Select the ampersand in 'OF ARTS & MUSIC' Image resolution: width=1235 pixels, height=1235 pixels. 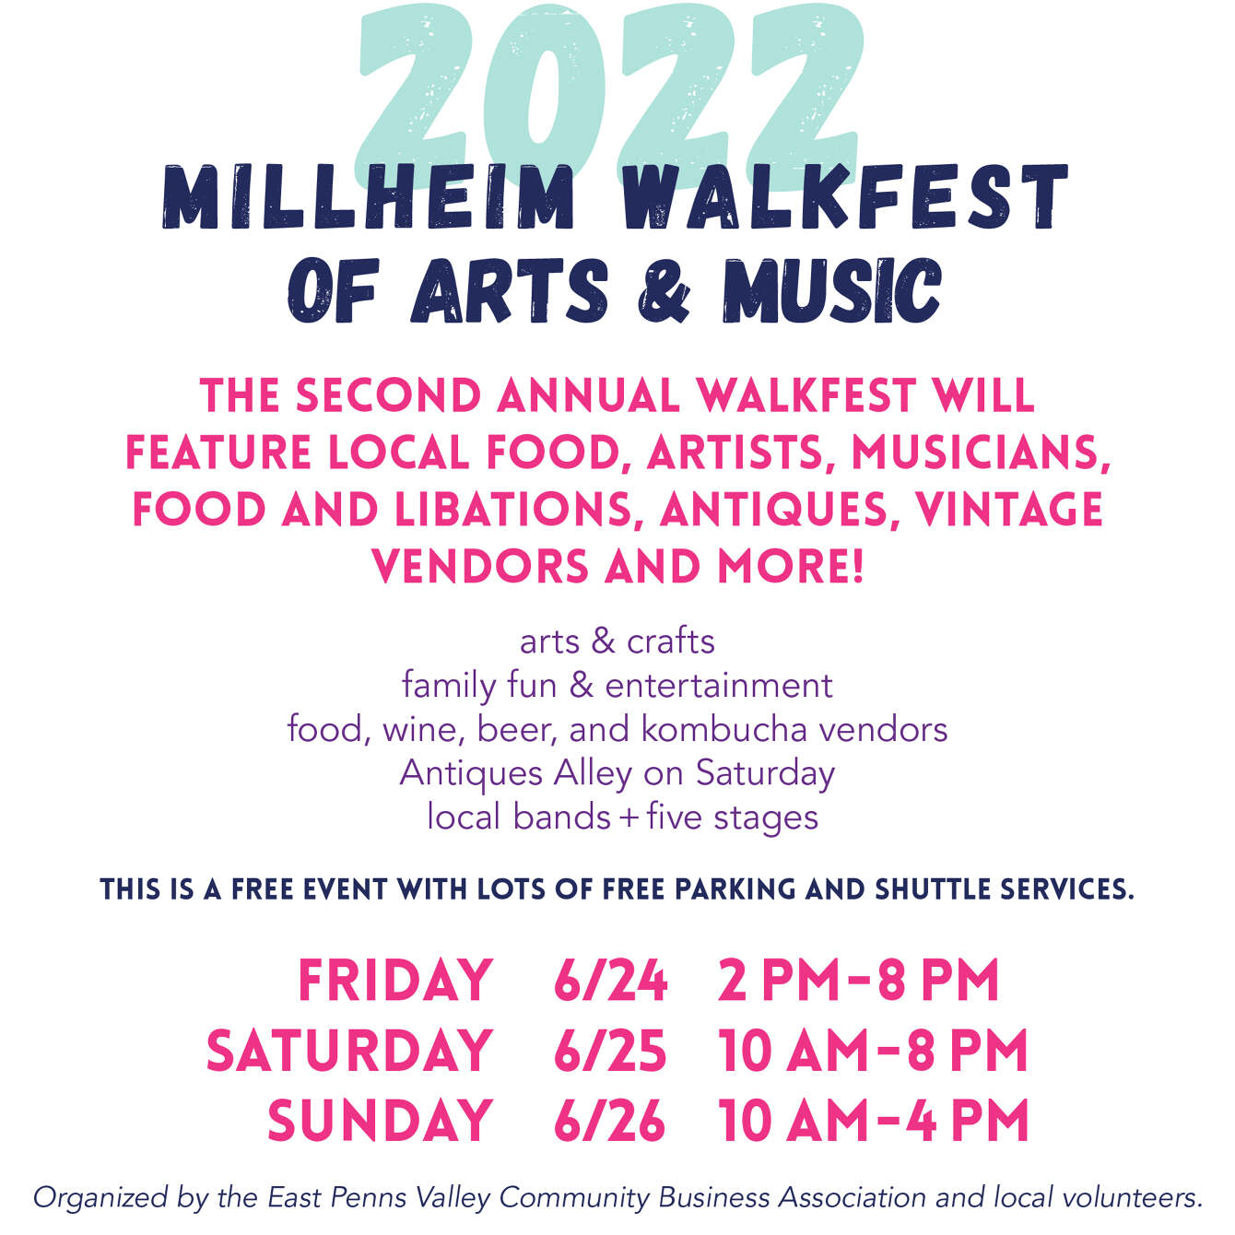point(663,291)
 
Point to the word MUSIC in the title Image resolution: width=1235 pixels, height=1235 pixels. point(831,291)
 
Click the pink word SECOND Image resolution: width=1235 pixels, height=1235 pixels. point(388,396)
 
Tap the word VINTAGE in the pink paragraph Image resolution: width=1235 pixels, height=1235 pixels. point(1009,510)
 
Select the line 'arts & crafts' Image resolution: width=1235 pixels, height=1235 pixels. point(617,641)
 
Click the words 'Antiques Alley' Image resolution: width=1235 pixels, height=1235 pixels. point(515,772)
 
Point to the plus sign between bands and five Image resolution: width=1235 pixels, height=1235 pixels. point(629,818)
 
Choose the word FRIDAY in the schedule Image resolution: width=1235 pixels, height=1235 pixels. point(394,980)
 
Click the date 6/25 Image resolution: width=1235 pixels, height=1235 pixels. point(609,1051)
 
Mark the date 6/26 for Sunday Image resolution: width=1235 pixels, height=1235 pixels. point(609,1121)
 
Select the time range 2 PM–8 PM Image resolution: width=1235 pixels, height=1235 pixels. point(858,980)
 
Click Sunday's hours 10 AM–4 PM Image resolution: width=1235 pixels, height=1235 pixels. point(873,1121)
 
